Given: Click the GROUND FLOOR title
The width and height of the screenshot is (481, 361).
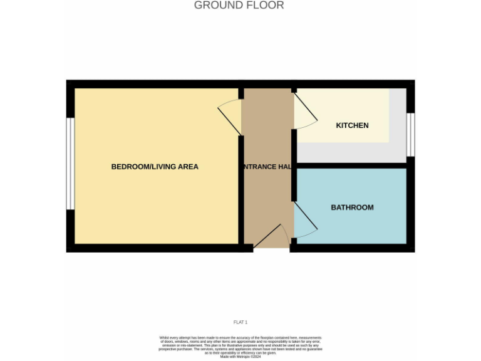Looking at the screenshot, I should pos(239,6).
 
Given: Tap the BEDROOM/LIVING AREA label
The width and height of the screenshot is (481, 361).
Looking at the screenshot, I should pos(155,167).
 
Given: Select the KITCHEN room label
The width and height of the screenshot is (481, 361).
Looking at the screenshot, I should pos(352,125).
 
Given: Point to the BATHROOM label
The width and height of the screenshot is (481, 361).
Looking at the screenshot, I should pos(352,207).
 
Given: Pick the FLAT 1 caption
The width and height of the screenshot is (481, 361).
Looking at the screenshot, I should pos(240,322).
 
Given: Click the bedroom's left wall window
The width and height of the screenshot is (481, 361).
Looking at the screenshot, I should pos(71,164).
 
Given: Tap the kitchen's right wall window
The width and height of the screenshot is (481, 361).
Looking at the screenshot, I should pos(410,134).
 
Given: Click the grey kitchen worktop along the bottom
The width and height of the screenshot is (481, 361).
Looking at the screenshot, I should pos(351,152).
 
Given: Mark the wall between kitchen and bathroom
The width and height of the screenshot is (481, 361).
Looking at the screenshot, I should pos(351,165).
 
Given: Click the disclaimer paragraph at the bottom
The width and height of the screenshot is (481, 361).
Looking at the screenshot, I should pos(240,345).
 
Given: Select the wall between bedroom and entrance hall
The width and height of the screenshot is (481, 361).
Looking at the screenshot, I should pos(240,188).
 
